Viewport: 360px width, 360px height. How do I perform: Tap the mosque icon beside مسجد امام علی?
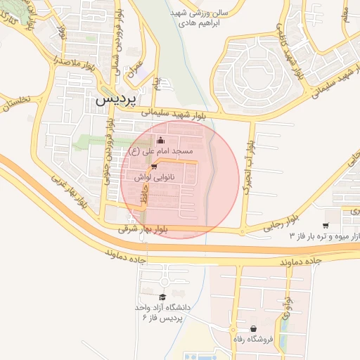(x=162, y=139)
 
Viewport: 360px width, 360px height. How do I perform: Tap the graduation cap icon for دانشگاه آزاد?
(x=163, y=297)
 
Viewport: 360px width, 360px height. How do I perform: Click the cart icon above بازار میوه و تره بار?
(x=325, y=226)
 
